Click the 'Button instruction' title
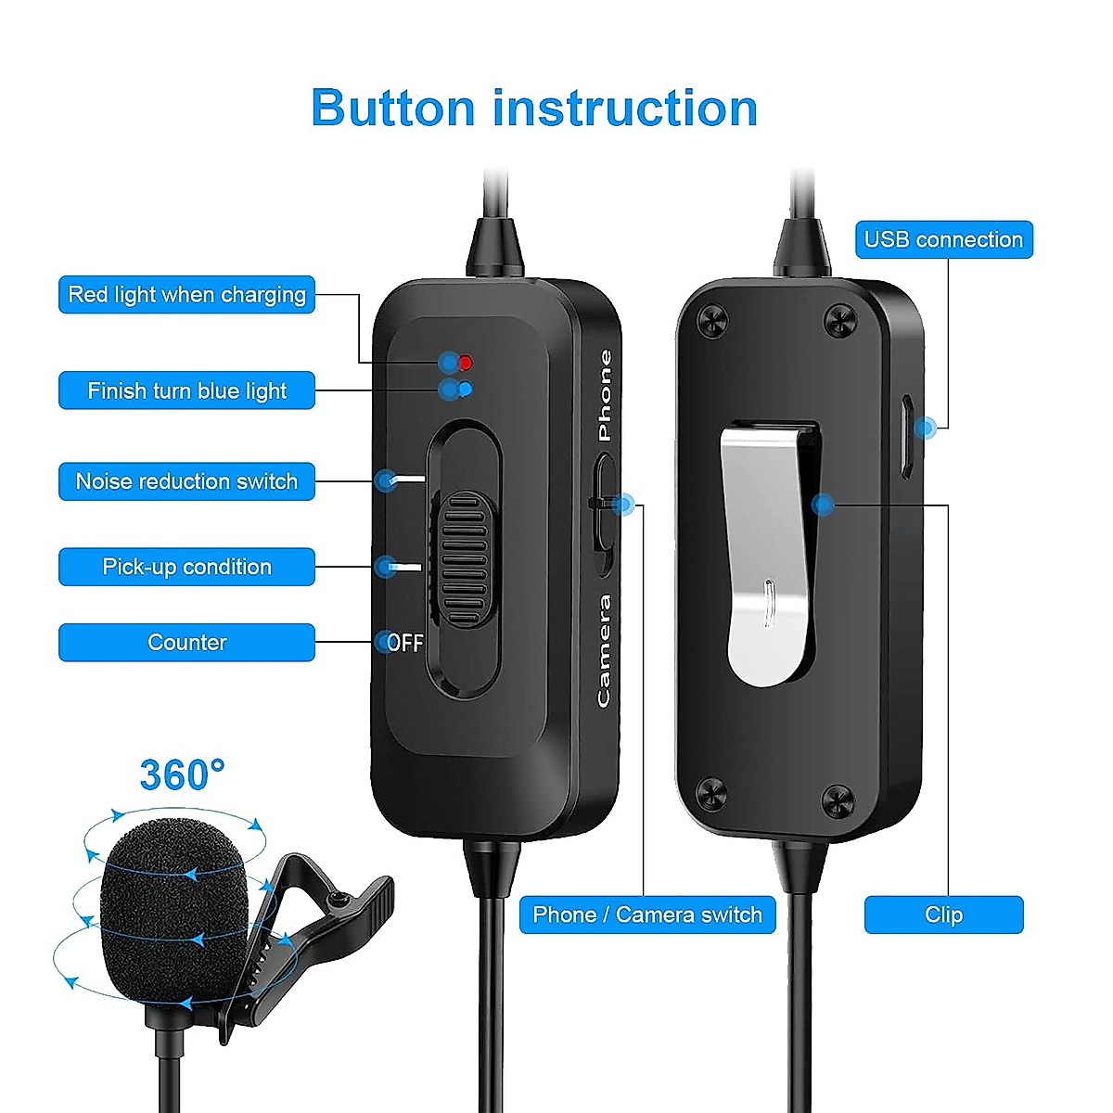[534, 109]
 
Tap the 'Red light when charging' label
[186, 295]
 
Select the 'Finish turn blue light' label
[186, 390]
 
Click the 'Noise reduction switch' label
[186, 481]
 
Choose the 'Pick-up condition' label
[186, 567]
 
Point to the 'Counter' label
[186, 642]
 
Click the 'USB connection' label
[943, 239]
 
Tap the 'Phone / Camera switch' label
[647, 915]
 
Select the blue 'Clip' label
[943, 915]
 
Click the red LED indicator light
[466, 362]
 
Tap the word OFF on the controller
[405, 643]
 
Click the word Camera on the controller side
[605, 651]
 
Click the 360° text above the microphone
[182, 774]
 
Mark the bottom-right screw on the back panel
[838, 800]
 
